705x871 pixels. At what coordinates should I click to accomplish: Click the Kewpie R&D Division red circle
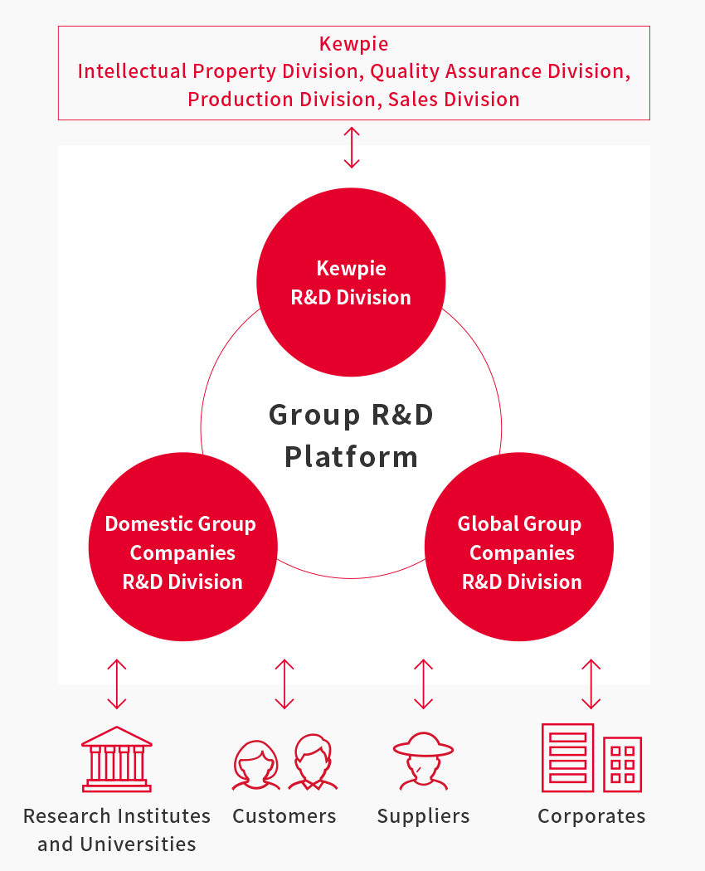(x=351, y=282)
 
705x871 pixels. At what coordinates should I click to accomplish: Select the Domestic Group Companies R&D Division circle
(x=182, y=547)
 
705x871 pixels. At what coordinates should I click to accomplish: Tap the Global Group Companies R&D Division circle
(x=519, y=547)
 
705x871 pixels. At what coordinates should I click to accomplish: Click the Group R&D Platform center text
(x=351, y=435)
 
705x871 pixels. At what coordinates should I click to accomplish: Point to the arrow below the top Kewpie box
(x=352, y=147)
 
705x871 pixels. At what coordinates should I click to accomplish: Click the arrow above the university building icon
(x=117, y=684)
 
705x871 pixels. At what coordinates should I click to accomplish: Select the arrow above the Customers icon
(x=284, y=684)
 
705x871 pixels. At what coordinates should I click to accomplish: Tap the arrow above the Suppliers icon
(x=423, y=684)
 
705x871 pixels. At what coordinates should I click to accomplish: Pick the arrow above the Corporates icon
(x=591, y=684)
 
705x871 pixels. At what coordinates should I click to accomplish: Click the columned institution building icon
(x=117, y=759)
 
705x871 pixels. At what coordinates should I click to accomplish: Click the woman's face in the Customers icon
(x=256, y=765)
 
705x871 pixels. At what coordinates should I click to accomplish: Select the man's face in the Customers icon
(x=313, y=762)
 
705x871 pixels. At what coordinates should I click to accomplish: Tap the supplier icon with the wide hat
(x=423, y=761)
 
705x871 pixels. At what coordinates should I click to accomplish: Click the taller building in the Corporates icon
(x=568, y=757)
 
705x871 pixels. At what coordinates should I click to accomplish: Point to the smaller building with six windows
(x=623, y=764)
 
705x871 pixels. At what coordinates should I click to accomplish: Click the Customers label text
(x=284, y=816)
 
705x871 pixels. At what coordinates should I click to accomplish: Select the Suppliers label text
(x=423, y=816)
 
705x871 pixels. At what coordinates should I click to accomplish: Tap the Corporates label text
(x=591, y=816)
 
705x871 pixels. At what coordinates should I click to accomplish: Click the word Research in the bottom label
(x=67, y=816)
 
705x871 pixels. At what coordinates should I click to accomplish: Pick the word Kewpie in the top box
(x=354, y=44)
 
